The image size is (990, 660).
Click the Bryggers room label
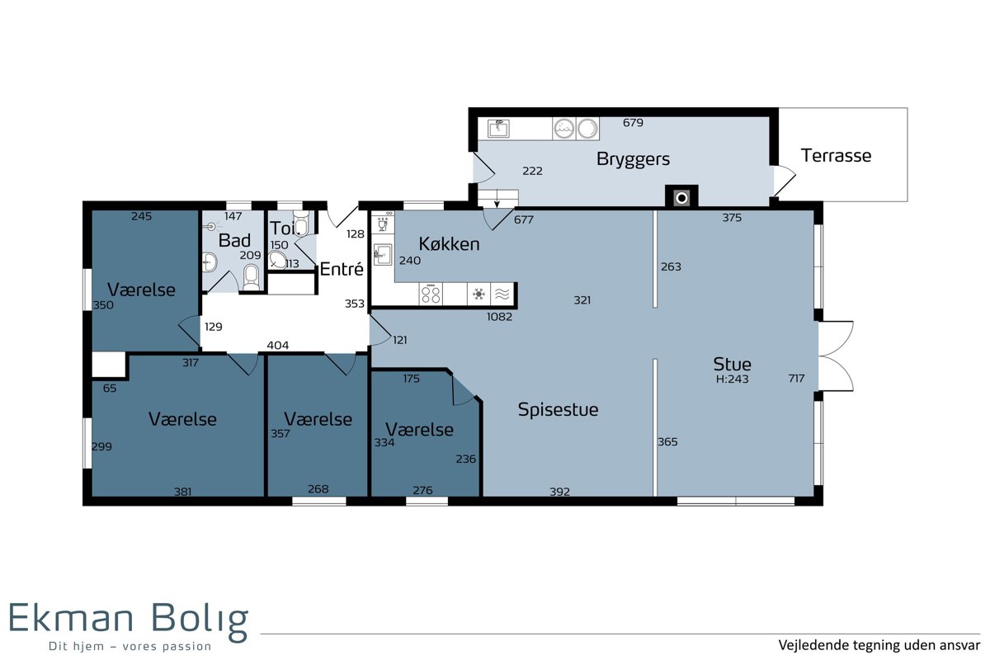coord(633,159)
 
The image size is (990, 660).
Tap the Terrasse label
coord(836,156)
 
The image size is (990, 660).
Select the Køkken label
coord(449,244)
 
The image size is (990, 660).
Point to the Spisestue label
coord(558,410)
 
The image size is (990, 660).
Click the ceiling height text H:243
coord(732,379)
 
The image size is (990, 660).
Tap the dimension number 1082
coord(499,317)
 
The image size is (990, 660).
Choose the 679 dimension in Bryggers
coord(633,122)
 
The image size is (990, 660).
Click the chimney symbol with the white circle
coord(681,198)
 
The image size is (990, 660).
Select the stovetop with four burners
coord(431,294)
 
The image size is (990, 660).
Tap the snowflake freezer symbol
coord(478,294)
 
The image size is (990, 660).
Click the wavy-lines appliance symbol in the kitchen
coord(502,294)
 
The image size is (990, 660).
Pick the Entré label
coord(342,269)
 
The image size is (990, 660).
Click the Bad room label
coord(234,240)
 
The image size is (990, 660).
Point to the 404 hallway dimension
coord(277,345)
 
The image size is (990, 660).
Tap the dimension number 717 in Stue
coord(796,378)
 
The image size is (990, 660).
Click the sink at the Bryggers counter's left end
coord(498,129)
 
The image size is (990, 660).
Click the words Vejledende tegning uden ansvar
coord(879,645)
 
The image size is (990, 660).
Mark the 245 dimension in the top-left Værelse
coord(141,216)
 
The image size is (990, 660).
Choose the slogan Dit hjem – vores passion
coord(130,646)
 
